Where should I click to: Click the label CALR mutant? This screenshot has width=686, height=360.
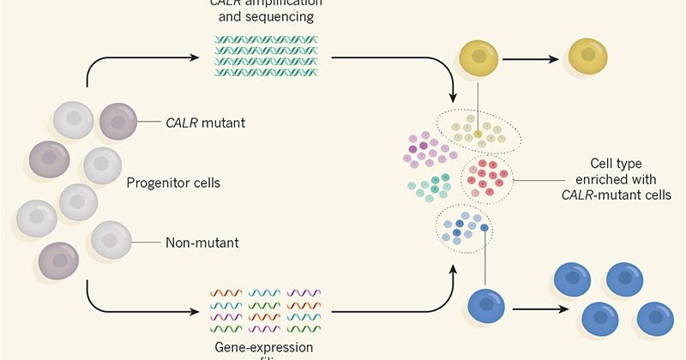[204, 123]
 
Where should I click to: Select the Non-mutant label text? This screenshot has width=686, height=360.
[202, 243]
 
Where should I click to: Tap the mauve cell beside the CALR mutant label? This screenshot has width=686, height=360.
[118, 122]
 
